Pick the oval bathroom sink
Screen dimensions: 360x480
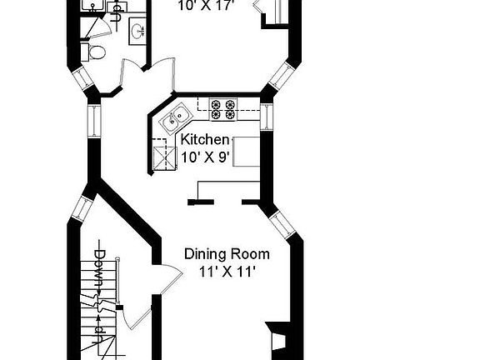pyautogui.click(x=137, y=32)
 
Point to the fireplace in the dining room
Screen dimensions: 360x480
pyautogui.click(x=275, y=339)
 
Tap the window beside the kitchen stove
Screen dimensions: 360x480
pyautogui.click(x=267, y=116)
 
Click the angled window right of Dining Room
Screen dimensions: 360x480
pyautogui.click(x=280, y=223)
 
